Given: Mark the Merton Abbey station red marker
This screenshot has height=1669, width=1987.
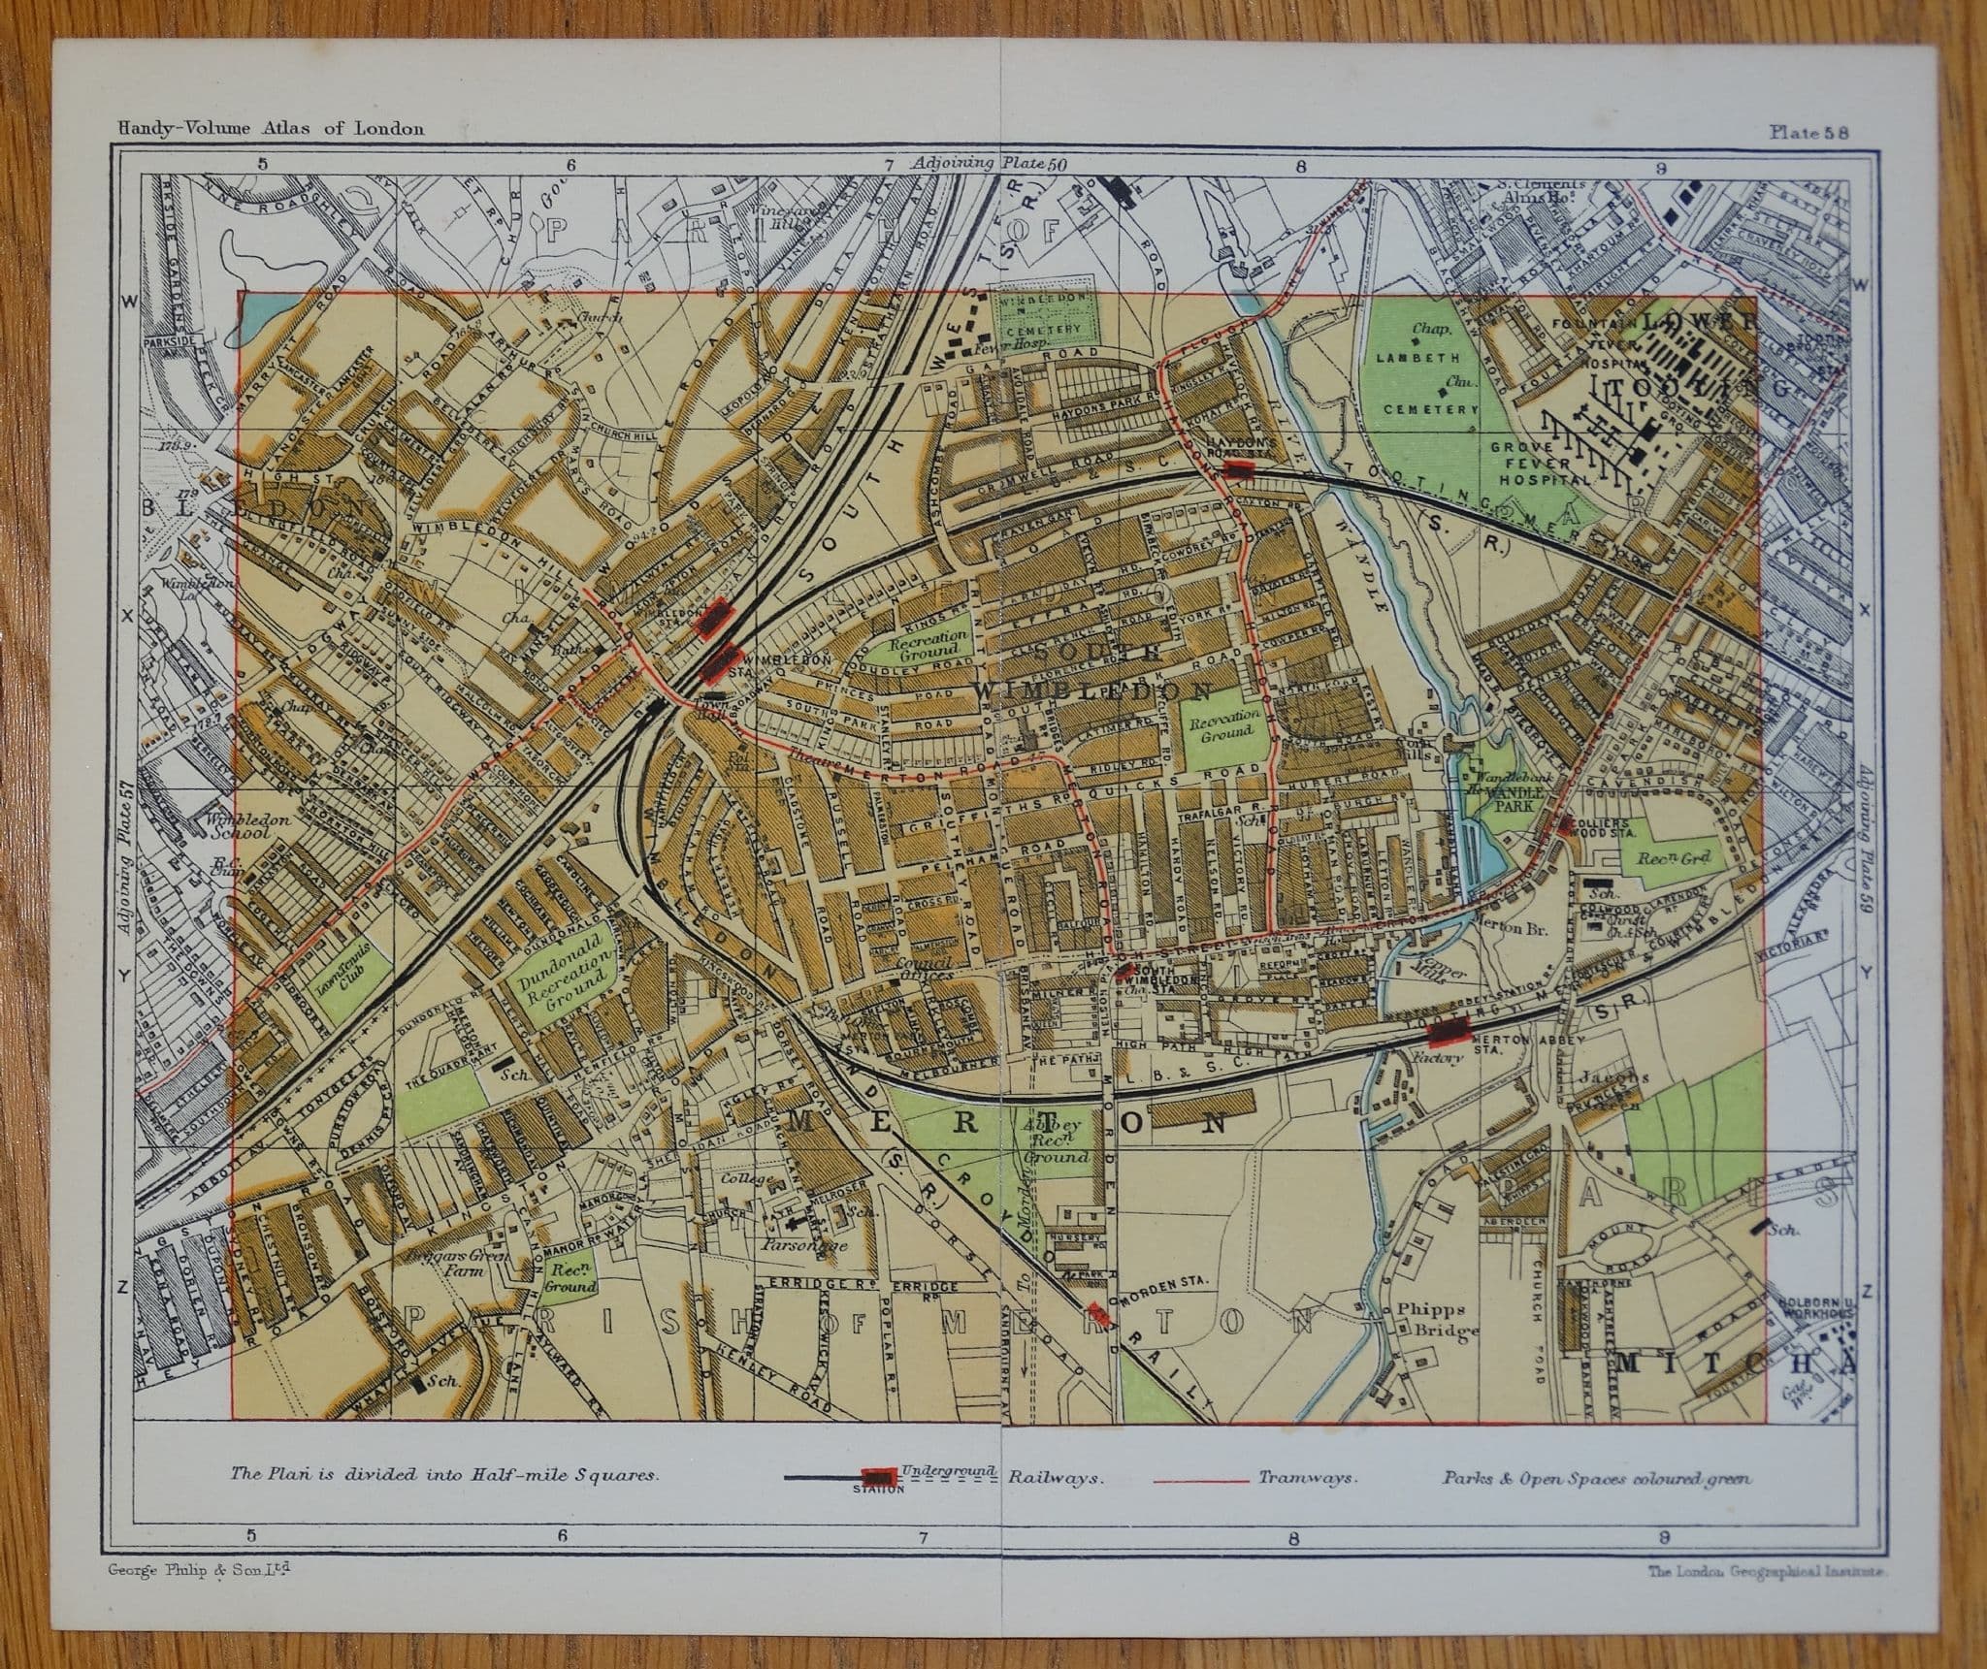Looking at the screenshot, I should (x=1447, y=1030).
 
